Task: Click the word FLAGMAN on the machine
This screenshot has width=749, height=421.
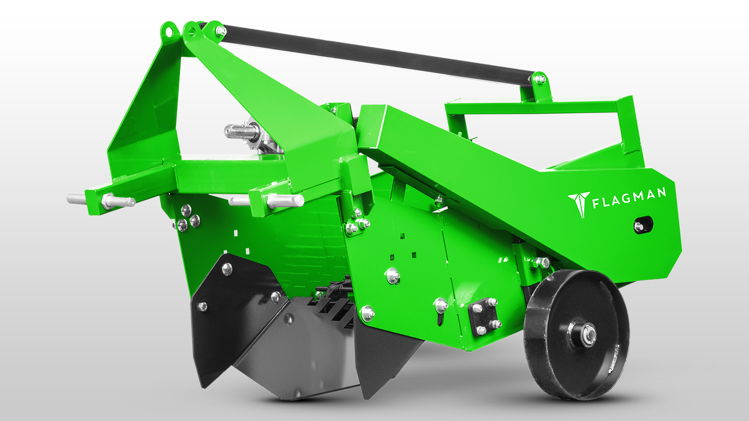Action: coord(629,198)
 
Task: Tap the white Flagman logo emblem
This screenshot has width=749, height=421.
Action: coord(578,204)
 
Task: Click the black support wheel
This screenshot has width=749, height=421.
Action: coord(576,334)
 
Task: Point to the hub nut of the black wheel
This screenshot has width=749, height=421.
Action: coord(588,334)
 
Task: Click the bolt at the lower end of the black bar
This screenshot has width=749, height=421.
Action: coord(540,79)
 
